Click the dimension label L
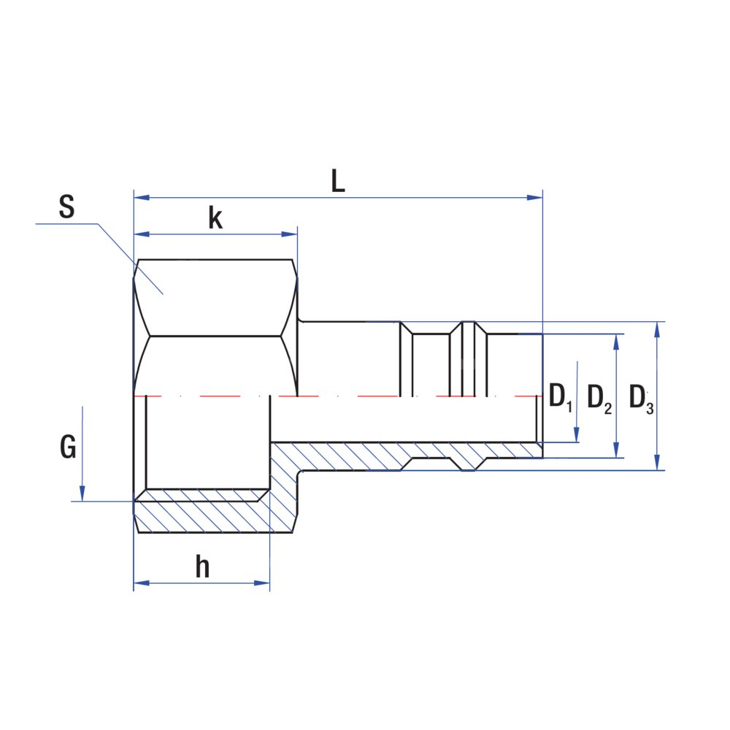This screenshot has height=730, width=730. point(337,182)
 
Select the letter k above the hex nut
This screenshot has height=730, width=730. point(215,218)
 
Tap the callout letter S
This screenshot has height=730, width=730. point(66,208)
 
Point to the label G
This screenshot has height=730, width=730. point(68,447)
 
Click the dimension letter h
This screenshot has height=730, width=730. point(202,567)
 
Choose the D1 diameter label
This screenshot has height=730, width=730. point(560,398)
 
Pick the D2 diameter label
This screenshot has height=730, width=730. point(599,398)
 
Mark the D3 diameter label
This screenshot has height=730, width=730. point(642,398)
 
